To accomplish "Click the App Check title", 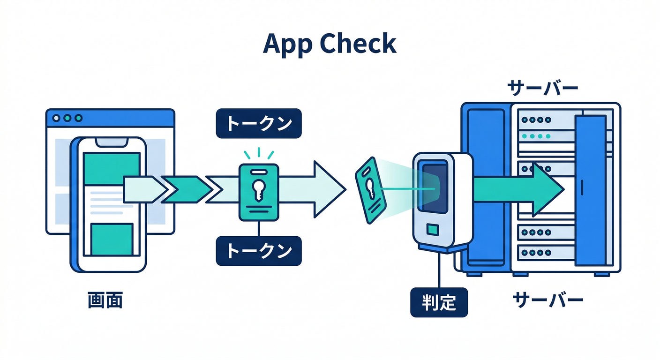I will (x=330, y=44).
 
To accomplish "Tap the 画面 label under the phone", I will (x=105, y=300).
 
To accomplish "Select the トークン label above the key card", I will (x=259, y=124).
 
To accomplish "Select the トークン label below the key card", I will (x=259, y=251).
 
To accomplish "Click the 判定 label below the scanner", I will (x=439, y=302).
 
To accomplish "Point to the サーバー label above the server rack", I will (x=542, y=88).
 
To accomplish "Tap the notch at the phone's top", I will (x=112, y=142).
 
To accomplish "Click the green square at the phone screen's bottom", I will (x=112, y=239).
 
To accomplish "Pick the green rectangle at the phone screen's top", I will (x=112, y=169).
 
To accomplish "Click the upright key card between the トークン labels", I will (x=259, y=192).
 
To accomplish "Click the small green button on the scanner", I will (x=432, y=230).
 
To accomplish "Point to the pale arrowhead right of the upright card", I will (x=328, y=189).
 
